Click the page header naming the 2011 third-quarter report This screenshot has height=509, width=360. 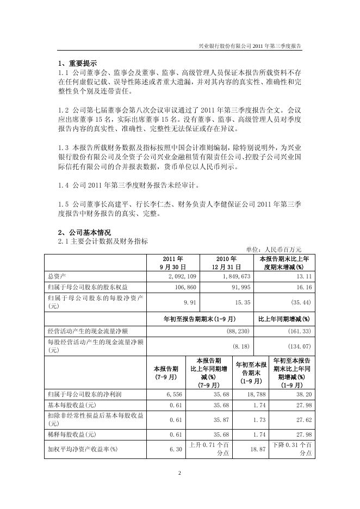click(250, 47)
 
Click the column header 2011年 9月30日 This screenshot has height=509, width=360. click(173, 263)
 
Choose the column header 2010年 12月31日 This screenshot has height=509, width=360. click(226, 263)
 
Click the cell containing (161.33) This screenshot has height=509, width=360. click(299, 331)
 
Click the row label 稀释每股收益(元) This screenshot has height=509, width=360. click(72, 434)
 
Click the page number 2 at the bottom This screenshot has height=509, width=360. click(179, 473)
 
